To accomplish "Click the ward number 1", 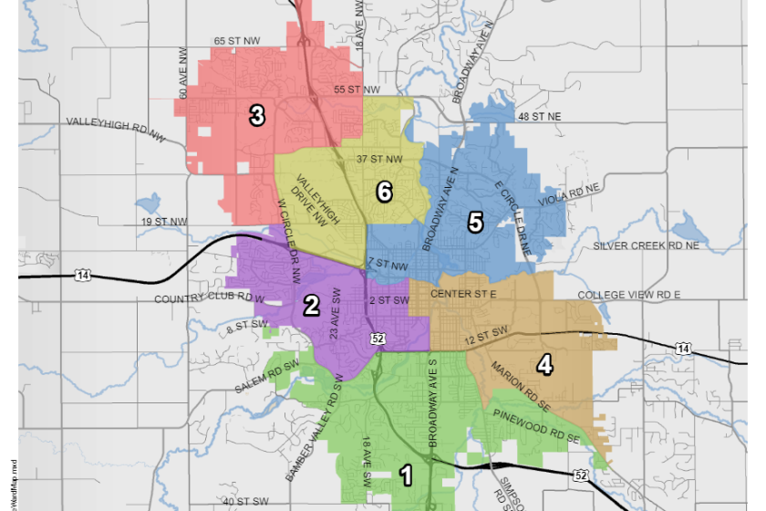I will [x=407, y=474].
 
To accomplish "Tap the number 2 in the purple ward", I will [x=311, y=306].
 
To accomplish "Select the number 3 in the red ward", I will [x=257, y=115].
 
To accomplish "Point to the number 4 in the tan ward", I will [x=544, y=365].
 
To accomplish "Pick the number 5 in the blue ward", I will [x=474, y=222].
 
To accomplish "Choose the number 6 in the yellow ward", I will [x=384, y=192].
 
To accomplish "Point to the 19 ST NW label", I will [x=164, y=222].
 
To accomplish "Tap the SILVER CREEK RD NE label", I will [x=647, y=246].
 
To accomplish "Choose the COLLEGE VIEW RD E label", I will [x=630, y=296].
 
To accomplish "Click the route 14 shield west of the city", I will [x=84, y=275].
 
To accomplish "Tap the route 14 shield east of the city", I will [x=682, y=348].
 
